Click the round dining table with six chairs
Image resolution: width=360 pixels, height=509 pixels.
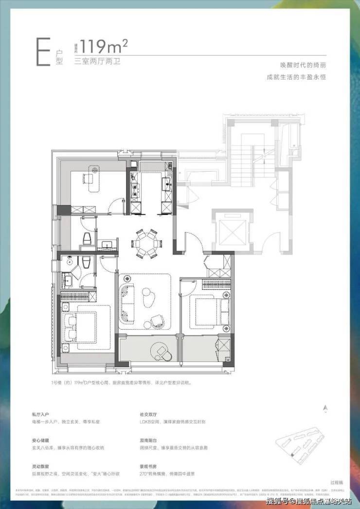click(146, 242)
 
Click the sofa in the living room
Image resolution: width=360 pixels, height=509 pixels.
click(128, 299)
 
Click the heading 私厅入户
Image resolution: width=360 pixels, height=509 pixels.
click(41, 415)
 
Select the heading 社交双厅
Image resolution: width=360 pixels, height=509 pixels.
click(149, 415)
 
